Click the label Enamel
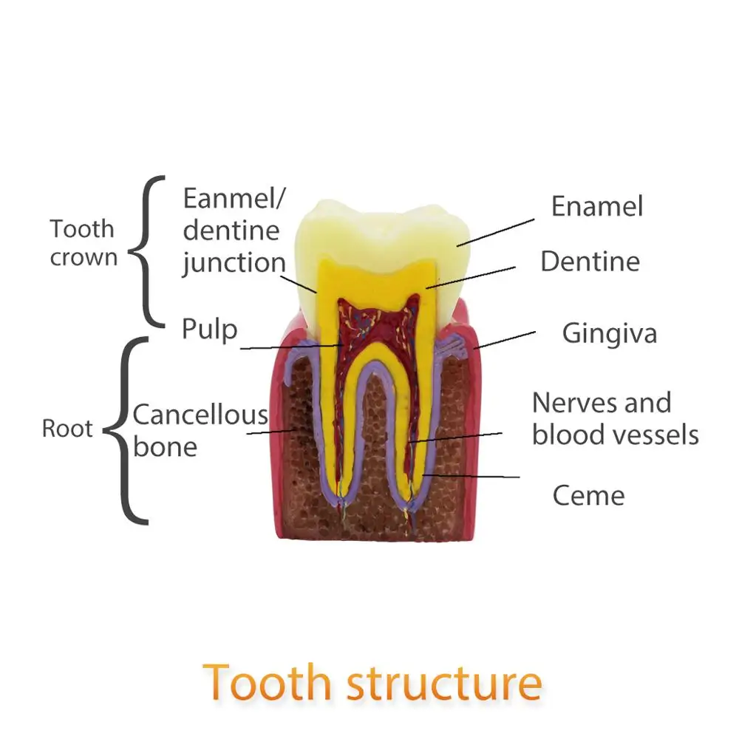(597, 206)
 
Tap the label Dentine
(590, 261)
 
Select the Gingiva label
(609, 333)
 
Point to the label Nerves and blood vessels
(615, 418)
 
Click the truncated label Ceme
(588, 495)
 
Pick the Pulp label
(210, 329)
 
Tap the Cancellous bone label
(200, 430)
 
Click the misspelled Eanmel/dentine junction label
(234, 231)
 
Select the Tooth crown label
(83, 242)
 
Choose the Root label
(67, 429)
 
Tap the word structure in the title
(444, 683)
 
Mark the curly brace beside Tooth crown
(148, 251)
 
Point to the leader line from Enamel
(495, 231)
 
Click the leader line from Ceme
(473, 476)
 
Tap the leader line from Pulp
(288, 347)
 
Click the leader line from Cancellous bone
(270, 432)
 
